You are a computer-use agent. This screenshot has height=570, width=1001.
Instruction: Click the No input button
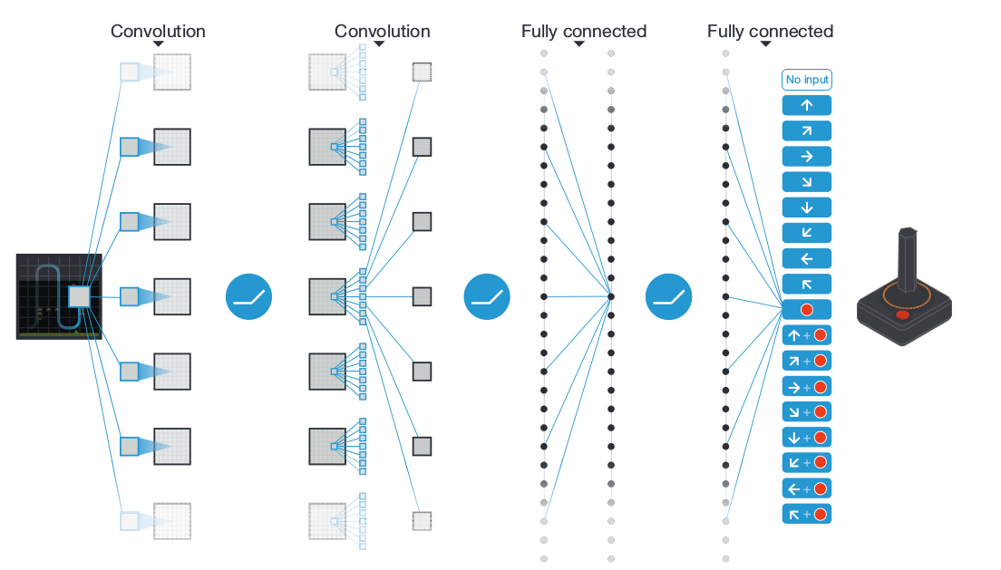(x=806, y=80)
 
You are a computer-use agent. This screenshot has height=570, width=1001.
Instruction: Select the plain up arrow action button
(x=806, y=105)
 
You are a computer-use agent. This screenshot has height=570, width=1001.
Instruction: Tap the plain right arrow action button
(x=806, y=156)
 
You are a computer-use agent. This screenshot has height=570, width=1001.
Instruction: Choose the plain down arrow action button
(x=806, y=208)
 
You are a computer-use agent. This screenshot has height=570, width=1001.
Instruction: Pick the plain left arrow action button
(x=806, y=258)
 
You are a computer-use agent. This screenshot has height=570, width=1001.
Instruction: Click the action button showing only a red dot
(x=806, y=310)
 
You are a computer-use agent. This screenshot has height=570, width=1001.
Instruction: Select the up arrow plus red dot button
(x=806, y=335)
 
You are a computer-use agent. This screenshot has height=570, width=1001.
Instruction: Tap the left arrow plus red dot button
(x=806, y=488)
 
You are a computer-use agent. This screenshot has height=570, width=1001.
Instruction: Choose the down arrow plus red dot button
(x=806, y=438)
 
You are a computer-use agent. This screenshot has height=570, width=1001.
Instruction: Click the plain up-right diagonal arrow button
(x=806, y=130)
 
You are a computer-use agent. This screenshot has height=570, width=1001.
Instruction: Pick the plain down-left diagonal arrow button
(x=806, y=233)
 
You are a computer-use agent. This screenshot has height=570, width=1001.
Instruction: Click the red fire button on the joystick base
(x=902, y=315)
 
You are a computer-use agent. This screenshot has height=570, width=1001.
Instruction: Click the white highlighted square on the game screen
(x=80, y=296)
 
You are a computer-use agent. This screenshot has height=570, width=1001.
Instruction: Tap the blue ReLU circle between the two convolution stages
(x=248, y=296)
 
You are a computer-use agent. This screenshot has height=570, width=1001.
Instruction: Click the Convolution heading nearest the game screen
(x=158, y=32)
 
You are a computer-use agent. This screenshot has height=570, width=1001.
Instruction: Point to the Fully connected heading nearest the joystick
(x=770, y=32)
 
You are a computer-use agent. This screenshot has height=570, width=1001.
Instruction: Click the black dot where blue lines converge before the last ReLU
(x=611, y=296)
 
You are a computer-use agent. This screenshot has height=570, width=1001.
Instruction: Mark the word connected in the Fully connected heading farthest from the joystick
(x=604, y=32)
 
